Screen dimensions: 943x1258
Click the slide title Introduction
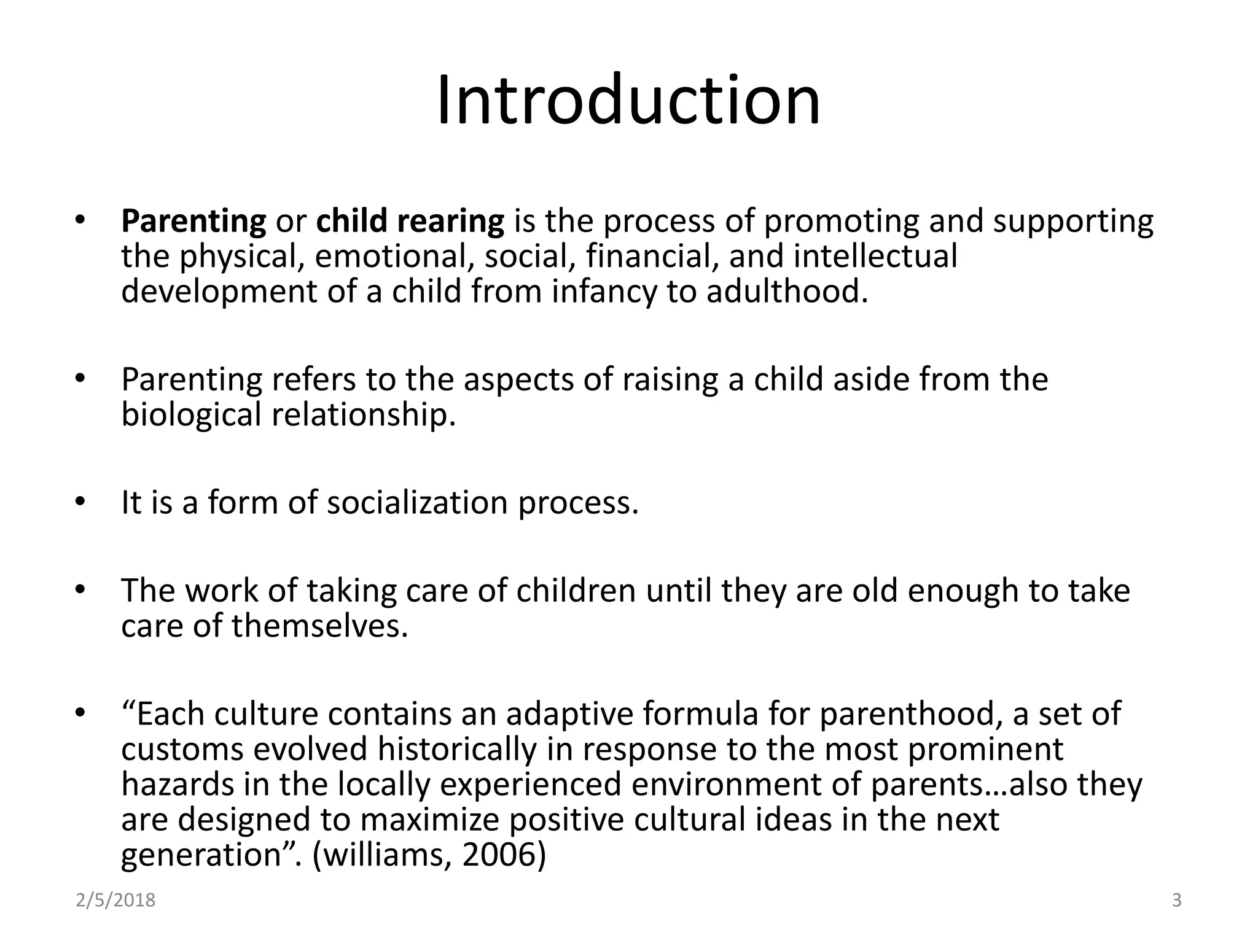coord(628,99)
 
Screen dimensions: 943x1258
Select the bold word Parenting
coord(193,221)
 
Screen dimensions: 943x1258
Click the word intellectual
coord(875,256)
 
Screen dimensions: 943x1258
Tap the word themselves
coord(319,626)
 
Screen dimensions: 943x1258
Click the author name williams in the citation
coord(387,855)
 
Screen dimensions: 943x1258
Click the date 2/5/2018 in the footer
coord(115,901)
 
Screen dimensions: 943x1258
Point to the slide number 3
coord(1177,901)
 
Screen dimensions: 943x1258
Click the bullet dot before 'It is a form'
coord(79,502)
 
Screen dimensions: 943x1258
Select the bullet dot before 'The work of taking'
coord(79,590)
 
